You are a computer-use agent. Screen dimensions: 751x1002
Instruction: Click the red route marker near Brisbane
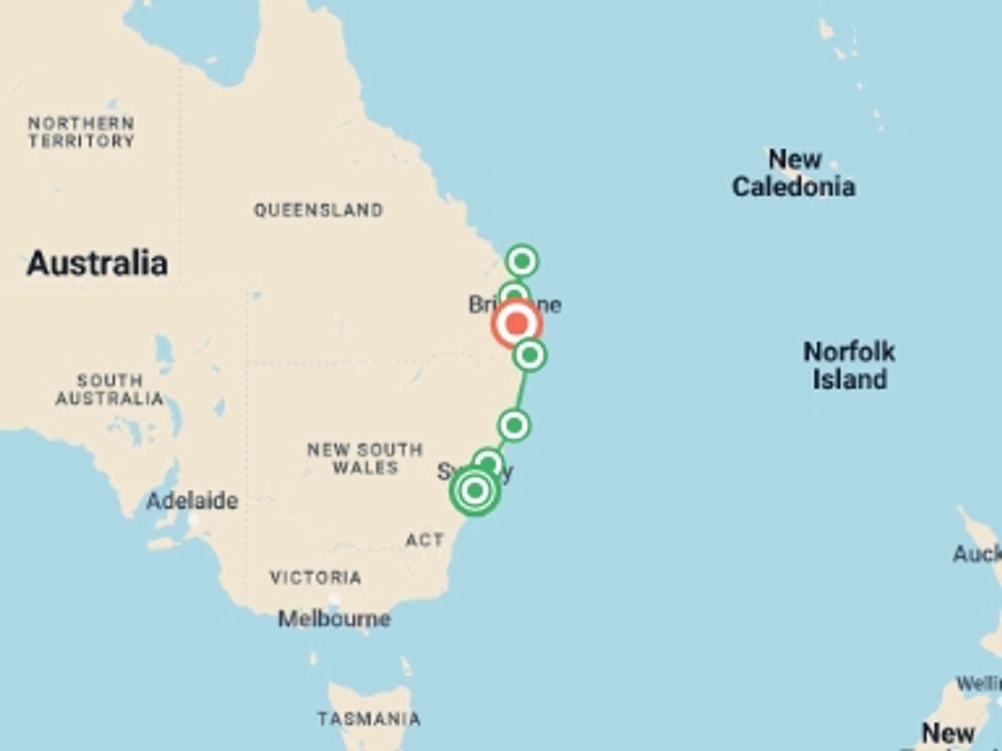tap(517, 323)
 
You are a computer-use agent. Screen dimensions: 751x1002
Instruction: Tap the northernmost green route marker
tap(522, 261)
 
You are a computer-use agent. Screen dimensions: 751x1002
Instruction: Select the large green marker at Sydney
tap(475, 491)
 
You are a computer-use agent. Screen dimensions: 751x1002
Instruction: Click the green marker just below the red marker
tap(530, 356)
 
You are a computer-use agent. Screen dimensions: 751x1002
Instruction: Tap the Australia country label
tap(97, 263)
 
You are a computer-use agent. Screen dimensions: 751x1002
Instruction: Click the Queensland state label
tap(318, 210)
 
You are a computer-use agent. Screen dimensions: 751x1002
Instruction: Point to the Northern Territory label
tap(81, 132)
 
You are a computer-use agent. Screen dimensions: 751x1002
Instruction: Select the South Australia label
tap(110, 390)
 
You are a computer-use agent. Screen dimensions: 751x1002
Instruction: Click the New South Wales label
tap(365, 458)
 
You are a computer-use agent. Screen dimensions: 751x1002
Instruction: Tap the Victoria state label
tap(316, 577)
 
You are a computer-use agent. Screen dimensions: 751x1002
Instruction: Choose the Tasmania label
tap(369, 719)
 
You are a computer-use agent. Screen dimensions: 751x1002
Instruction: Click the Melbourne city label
tap(335, 619)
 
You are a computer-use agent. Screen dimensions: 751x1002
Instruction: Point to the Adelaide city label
tap(192, 501)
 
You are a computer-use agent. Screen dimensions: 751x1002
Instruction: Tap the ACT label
tap(425, 540)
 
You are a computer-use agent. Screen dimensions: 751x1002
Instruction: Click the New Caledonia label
tap(794, 173)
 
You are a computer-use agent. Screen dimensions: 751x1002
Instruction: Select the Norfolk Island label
tap(850, 365)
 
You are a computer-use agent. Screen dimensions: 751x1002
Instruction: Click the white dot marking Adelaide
tap(193, 520)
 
